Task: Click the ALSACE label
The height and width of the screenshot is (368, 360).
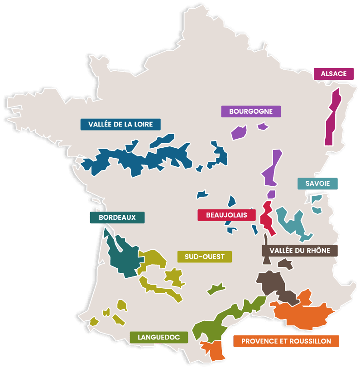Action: click(334, 74)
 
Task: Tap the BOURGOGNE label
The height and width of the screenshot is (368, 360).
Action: click(251, 111)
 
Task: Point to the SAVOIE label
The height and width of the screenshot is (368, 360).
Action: click(317, 184)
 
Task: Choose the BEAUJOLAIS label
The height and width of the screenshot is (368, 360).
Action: click(226, 215)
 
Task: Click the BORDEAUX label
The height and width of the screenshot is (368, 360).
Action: click(117, 218)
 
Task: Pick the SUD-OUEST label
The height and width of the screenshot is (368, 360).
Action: click(205, 257)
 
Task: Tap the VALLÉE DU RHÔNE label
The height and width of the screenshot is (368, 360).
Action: click(299, 251)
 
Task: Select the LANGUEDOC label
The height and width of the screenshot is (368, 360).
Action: click(158, 337)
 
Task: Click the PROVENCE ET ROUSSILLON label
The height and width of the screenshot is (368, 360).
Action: click(286, 341)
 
